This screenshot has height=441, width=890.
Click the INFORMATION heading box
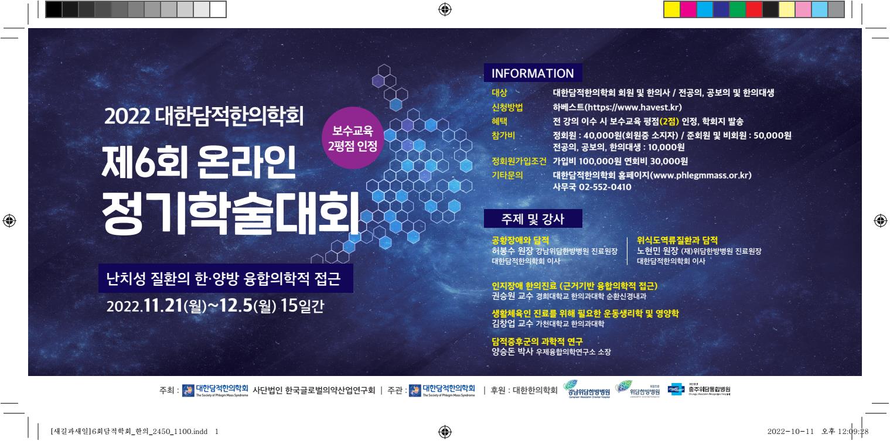tap(533, 74)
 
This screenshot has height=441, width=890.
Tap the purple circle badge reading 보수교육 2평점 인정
tap(353, 138)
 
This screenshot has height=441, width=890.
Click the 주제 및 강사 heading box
tap(533, 219)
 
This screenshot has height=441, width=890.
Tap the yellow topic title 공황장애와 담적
tap(520, 240)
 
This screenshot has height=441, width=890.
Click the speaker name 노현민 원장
tap(657, 251)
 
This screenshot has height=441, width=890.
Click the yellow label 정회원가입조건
tap(520, 161)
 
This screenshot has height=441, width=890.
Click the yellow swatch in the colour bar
tap(671, 9)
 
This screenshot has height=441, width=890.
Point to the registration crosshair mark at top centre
tap(445, 9)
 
